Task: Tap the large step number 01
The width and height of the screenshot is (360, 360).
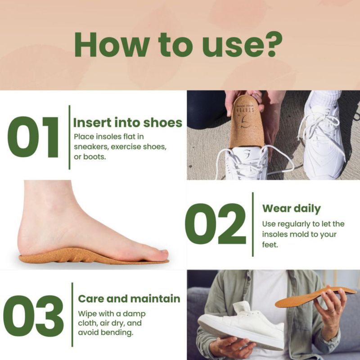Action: click(32, 137)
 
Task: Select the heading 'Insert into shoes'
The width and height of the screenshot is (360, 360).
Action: click(128, 122)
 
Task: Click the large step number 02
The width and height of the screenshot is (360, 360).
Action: click(216, 224)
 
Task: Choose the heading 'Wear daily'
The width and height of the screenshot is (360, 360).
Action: click(291, 209)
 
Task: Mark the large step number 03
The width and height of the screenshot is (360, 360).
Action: click(33, 316)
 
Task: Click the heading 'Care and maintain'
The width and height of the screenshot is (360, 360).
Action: click(129, 299)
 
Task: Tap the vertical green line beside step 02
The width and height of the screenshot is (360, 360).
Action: click(253, 224)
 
